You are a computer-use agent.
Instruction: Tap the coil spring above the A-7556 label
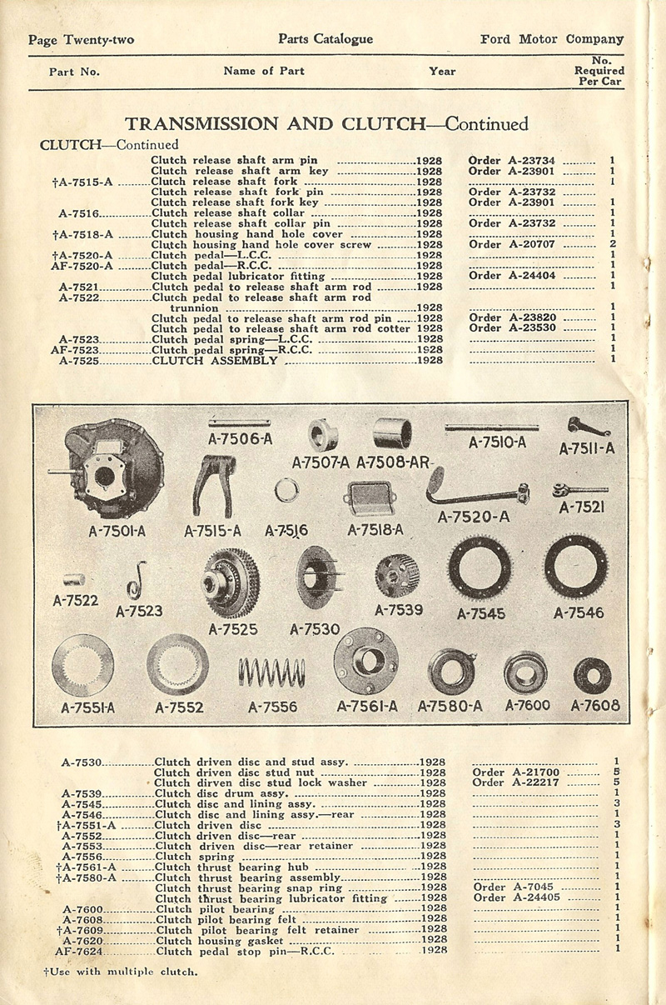[271, 671]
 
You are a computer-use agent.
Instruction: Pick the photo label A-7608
[595, 705]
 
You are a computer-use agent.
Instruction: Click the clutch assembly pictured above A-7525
[231, 582]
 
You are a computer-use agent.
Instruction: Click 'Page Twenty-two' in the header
[81, 40]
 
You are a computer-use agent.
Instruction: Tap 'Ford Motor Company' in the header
[552, 39]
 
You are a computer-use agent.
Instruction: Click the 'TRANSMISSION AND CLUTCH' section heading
[272, 124]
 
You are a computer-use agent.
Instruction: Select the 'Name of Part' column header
[264, 71]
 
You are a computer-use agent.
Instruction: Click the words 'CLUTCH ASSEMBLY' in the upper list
[215, 360]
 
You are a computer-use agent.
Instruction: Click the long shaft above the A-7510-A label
[491, 427]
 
